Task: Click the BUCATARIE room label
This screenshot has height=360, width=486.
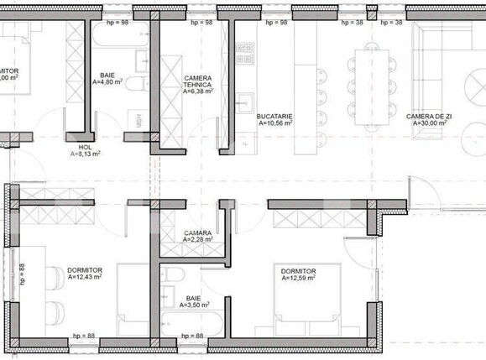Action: [274, 115]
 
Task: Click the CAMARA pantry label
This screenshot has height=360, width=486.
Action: [197, 232]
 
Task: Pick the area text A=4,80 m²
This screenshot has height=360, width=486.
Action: [107, 83]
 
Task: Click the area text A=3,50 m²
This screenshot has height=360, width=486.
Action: [193, 306]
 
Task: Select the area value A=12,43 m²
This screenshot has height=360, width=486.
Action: [84, 277]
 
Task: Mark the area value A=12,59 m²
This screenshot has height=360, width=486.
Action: [298, 279]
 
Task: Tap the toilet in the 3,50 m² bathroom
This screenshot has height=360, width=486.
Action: [171, 278]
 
